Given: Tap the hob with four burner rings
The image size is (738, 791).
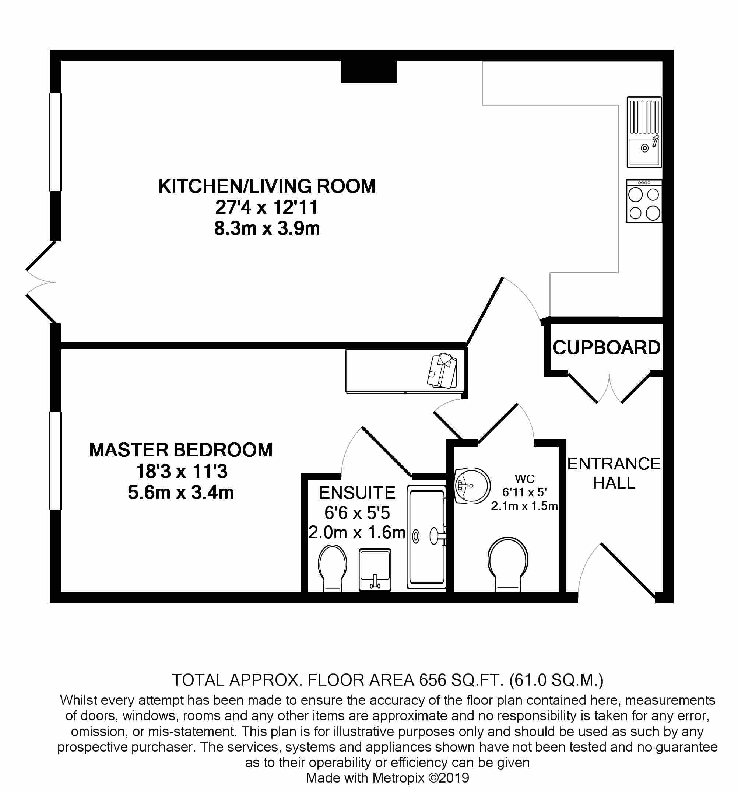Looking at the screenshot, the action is [x=644, y=201].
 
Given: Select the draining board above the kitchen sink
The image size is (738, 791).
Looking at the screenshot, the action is [x=644, y=116].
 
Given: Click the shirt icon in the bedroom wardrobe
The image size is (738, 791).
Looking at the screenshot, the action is [x=442, y=371].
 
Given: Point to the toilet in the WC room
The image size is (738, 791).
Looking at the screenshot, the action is [x=507, y=564].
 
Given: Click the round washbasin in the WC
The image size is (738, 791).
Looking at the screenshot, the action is [x=472, y=486].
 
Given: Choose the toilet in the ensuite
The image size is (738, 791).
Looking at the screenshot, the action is [x=332, y=568].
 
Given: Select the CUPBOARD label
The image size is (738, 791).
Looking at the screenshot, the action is [x=607, y=348].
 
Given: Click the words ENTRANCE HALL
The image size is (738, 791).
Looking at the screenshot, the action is [x=614, y=473].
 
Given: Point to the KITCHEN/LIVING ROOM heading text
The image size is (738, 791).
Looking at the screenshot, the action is [x=267, y=186].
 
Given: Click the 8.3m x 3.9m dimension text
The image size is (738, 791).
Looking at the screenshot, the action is [x=267, y=228].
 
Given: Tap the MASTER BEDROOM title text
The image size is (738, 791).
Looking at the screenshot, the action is [x=181, y=450].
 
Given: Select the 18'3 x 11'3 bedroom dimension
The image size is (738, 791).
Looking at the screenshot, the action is [x=182, y=472].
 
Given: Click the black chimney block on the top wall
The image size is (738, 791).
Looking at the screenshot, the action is [x=369, y=71].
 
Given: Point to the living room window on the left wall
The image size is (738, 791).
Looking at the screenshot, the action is [x=55, y=142].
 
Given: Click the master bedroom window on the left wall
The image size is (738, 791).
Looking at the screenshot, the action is [x=55, y=461].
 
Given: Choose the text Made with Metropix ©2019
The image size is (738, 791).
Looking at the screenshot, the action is [x=388, y=777].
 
